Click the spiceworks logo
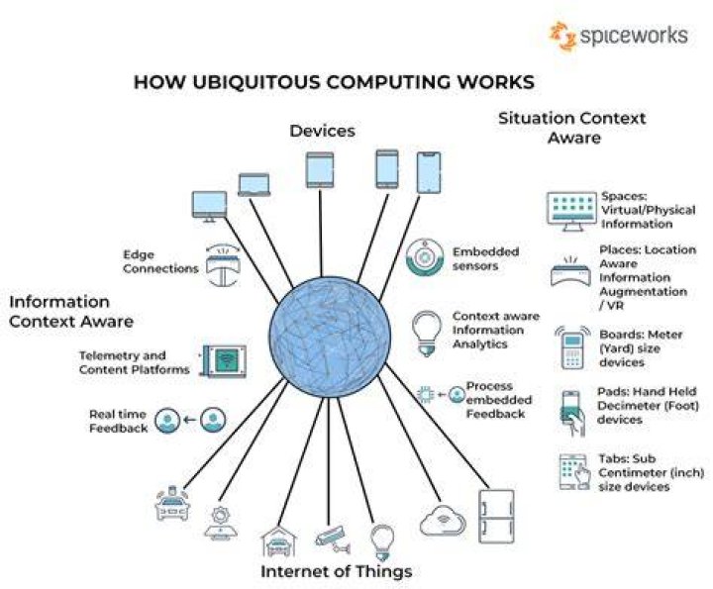pyautogui.click(x=619, y=36)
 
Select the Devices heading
pyautogui.click(x=323, y=131)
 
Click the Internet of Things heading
pyautogui.click(x=336, y=571)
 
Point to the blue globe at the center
pyautogui.click(x=330, y=338)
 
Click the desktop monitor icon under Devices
pyautogui.click(x=209, y=207)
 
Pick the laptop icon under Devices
pyautogui.click(x=255, y=184)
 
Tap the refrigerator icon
pyautogui.click(x=496, y=517)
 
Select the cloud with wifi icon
pyautogui.click(x=443, y=520)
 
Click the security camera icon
pyautogui.click(x=333, y=540)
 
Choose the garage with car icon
pyautogui.click(x=278, y=541)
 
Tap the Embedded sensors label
pyautogui.click(x=485, y=258)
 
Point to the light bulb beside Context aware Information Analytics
pyautogui.click(x=427, y=334)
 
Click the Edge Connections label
pyautogui.click(x=160, y=261)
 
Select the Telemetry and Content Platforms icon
pyautogui.click(x=223, y=361)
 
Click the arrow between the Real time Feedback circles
pyautogui.click(x=190, y=420)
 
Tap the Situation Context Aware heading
pyautogui.click(x=572, y=128)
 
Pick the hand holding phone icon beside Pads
pyautogui.click(x=572, y=413)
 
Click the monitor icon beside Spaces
pyautogui.click(x=571, y=211)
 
